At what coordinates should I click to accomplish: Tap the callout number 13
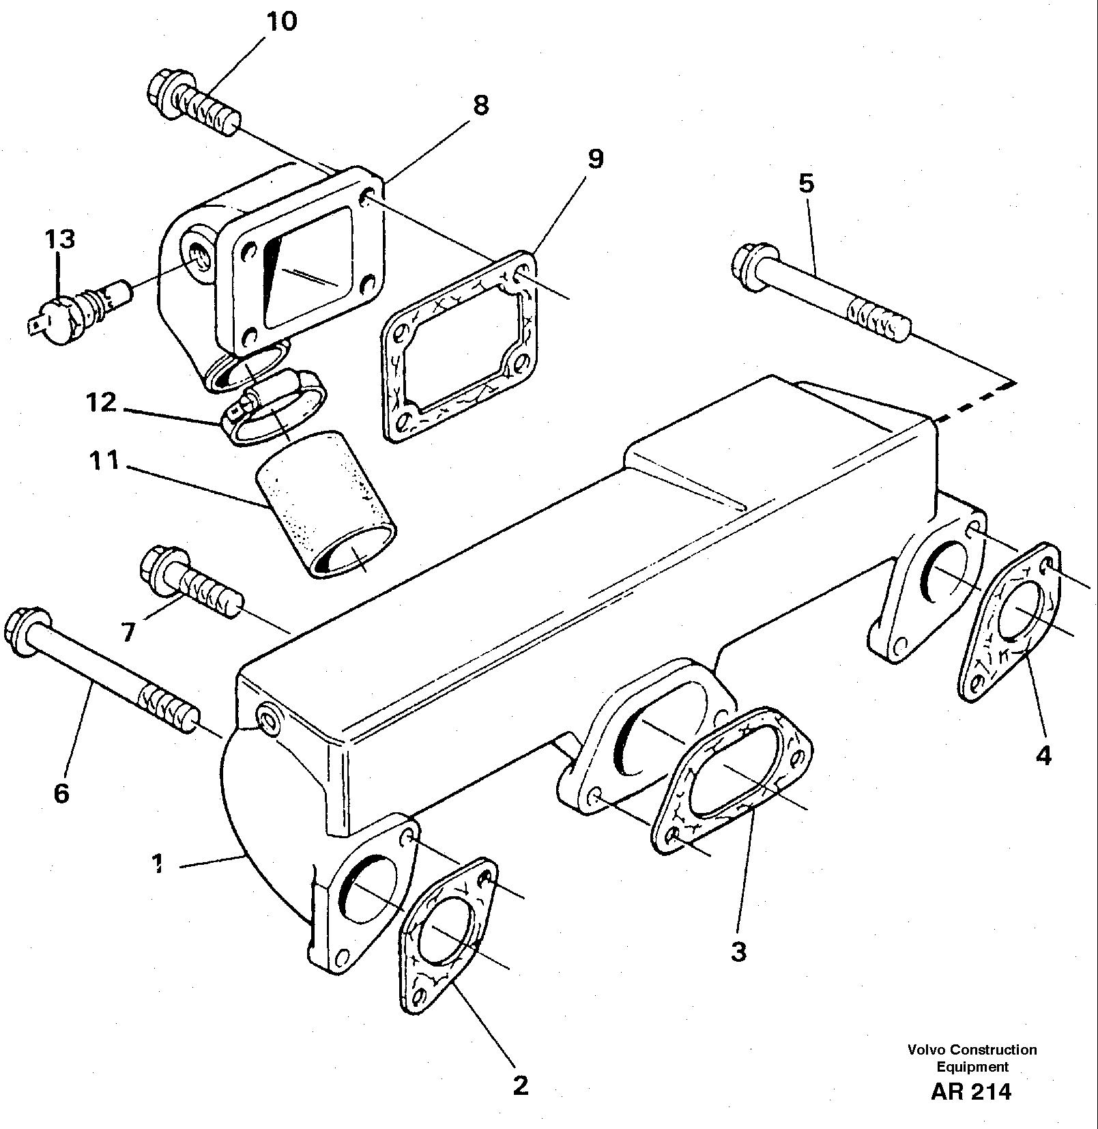(x=60, y=239)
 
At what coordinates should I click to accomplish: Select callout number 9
(x=594, y=158)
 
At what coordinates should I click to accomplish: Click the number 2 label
(x=520, y=1085)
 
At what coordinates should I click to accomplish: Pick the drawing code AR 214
(x=971, y=1091)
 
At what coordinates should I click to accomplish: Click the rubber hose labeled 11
(x=326, y=504)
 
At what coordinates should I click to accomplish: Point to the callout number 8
(x=480, y=104)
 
